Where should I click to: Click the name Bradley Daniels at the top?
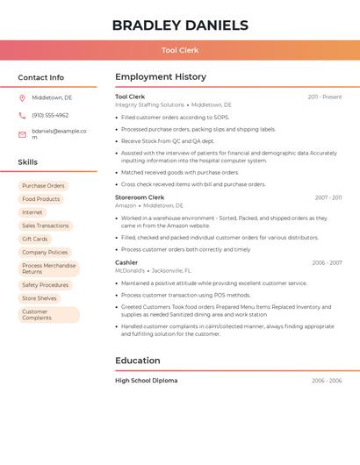180,25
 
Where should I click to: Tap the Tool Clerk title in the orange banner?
180,50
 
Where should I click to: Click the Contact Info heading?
40,77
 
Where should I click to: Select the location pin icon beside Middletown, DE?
22,98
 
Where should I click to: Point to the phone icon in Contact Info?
22,116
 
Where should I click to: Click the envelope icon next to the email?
22,134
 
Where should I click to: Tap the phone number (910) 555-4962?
50,116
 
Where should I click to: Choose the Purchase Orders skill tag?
43,186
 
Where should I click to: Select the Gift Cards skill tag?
35,239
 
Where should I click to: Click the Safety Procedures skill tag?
45,285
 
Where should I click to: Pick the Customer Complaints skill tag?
37,315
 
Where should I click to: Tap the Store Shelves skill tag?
40,298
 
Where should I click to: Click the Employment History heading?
161,77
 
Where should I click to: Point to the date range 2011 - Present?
324,97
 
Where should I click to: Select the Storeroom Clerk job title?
140,197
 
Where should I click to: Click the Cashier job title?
126,262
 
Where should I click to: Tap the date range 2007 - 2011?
328,197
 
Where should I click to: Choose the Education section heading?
138,361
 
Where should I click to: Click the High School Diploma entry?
146,381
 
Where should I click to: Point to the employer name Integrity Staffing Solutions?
149,105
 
